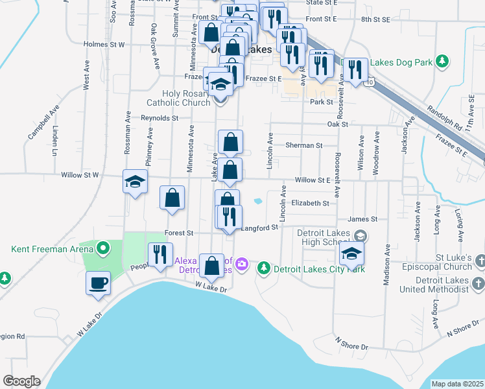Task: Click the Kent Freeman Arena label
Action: [50, 248]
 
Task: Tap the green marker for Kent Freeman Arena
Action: [103, 248]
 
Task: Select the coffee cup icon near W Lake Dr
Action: [98, 283]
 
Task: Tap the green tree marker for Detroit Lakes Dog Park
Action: [442, 62]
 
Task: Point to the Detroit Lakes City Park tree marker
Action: [264, 268]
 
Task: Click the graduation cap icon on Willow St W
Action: [135, 181]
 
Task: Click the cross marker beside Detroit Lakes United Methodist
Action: [478, 284]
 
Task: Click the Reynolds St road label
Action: [160, 118]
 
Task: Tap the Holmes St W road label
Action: [104, 45]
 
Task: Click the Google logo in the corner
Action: [21, 381]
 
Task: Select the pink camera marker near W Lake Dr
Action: [242, 263]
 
